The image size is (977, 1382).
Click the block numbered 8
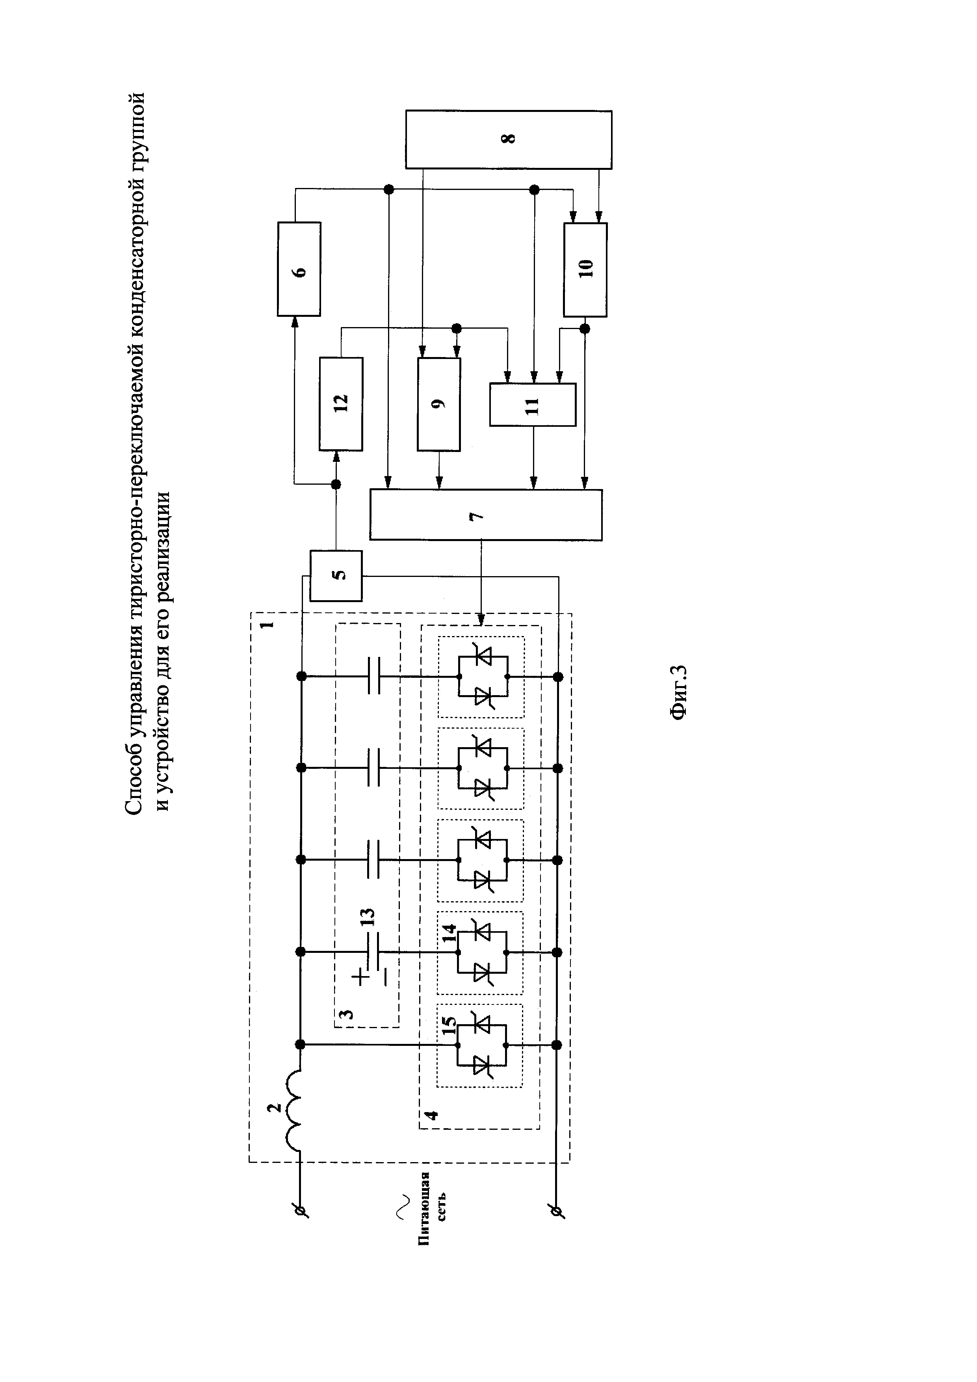508,139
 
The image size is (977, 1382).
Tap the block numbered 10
585,270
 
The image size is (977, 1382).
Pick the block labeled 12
340,403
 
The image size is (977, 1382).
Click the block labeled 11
532,404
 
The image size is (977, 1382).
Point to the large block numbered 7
485,515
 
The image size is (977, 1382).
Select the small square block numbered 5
336,575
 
